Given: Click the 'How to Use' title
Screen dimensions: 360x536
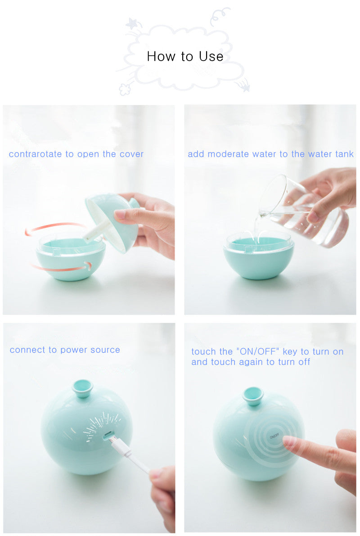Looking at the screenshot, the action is point(185,56).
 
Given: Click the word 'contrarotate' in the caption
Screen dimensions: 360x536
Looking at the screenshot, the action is point(35,154).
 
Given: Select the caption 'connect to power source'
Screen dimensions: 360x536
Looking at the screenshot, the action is point(65,350).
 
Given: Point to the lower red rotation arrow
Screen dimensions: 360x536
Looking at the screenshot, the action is point(62,267).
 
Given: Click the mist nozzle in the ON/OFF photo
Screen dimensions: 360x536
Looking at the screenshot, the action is point(253,396).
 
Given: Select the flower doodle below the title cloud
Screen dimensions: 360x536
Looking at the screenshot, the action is point(125,89).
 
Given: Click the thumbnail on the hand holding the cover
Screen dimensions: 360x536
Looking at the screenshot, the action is point(120,214).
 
